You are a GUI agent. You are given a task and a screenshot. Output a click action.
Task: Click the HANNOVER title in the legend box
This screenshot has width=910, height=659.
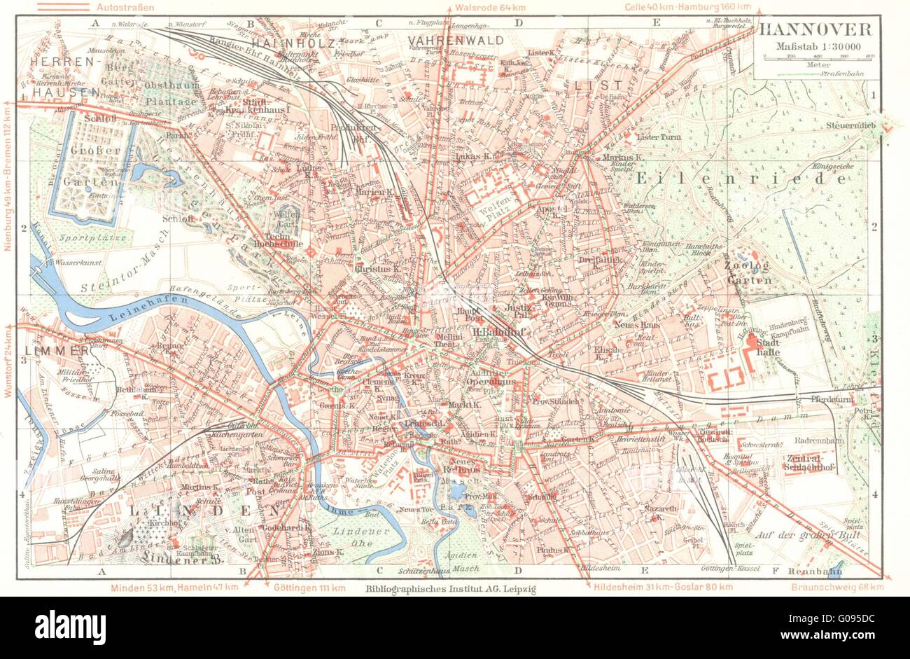coord(815,29)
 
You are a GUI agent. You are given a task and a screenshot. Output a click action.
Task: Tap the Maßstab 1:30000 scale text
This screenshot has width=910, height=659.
coord(816,46)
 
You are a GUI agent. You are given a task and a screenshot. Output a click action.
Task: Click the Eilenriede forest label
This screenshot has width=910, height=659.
coord(741,179)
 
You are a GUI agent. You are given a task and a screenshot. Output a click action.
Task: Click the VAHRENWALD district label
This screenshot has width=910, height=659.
coord(456,40)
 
